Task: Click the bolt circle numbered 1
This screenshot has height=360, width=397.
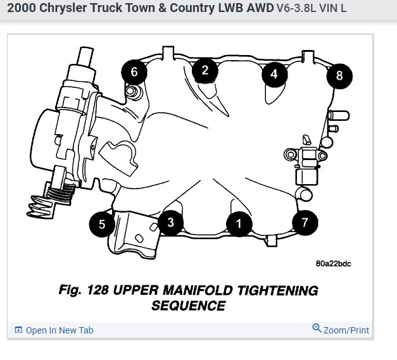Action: coord(239,223)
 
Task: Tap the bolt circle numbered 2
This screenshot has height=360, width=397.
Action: coord(205,70)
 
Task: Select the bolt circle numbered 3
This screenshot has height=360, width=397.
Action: coord(170,221)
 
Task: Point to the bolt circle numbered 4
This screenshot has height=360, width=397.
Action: coord(274,74)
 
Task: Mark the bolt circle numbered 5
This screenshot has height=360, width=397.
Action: coord(101,223)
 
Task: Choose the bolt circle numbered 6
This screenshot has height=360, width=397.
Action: coord(134,72)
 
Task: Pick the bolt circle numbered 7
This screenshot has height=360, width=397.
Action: coord(305,222)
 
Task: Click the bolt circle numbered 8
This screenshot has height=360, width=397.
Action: coord(339,76)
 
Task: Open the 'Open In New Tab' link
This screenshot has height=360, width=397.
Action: coord(59,330)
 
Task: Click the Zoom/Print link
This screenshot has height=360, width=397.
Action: coord(346,330)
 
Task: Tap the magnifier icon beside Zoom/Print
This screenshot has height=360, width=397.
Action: coord(317,328)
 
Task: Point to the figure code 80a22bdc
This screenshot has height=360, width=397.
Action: coord(333,264)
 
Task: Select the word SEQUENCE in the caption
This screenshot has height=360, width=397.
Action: coord(189,306)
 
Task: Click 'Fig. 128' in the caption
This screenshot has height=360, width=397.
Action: coord(83,291)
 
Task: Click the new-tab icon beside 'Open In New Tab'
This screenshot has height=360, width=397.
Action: coord(18,330)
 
